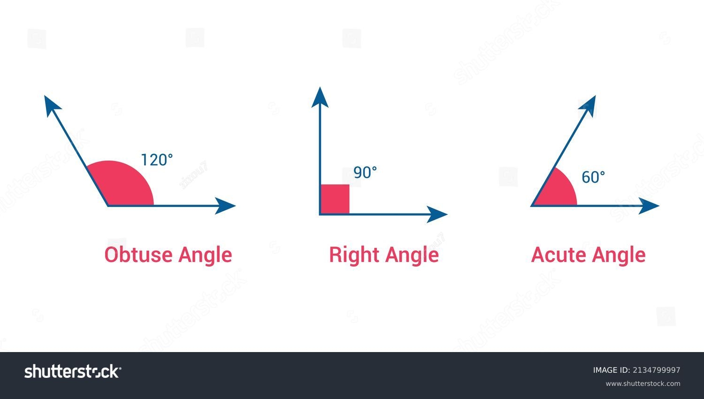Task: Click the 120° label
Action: (157, 160)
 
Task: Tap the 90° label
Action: (365, 173)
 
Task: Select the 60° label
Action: (593, 177)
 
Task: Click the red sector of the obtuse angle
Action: (122, 186)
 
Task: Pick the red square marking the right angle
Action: (335, 199)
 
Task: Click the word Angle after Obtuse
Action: (206, 255)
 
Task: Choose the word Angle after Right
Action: (412, 255)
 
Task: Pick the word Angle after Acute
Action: (619, 255)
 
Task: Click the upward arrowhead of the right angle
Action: (320, 98)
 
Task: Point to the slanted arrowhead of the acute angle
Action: (589, 106)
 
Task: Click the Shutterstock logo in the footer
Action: (72, 371)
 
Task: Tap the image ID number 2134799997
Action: (656, 370)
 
